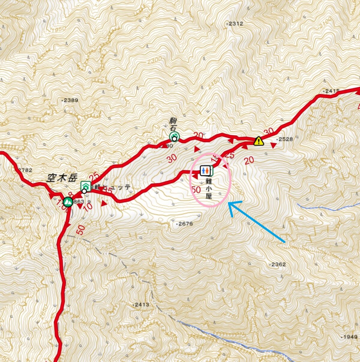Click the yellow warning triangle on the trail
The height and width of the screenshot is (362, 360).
click(258, 141)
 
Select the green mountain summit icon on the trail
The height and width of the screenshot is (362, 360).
click(68, 201)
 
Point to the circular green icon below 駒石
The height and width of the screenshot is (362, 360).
click(174, 137)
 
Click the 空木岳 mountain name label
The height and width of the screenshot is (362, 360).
click(62, 178)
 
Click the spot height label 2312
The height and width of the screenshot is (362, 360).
click(235, 24)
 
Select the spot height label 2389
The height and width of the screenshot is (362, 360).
click(70, 100)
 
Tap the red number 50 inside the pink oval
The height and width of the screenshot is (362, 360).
click(196, 189)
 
